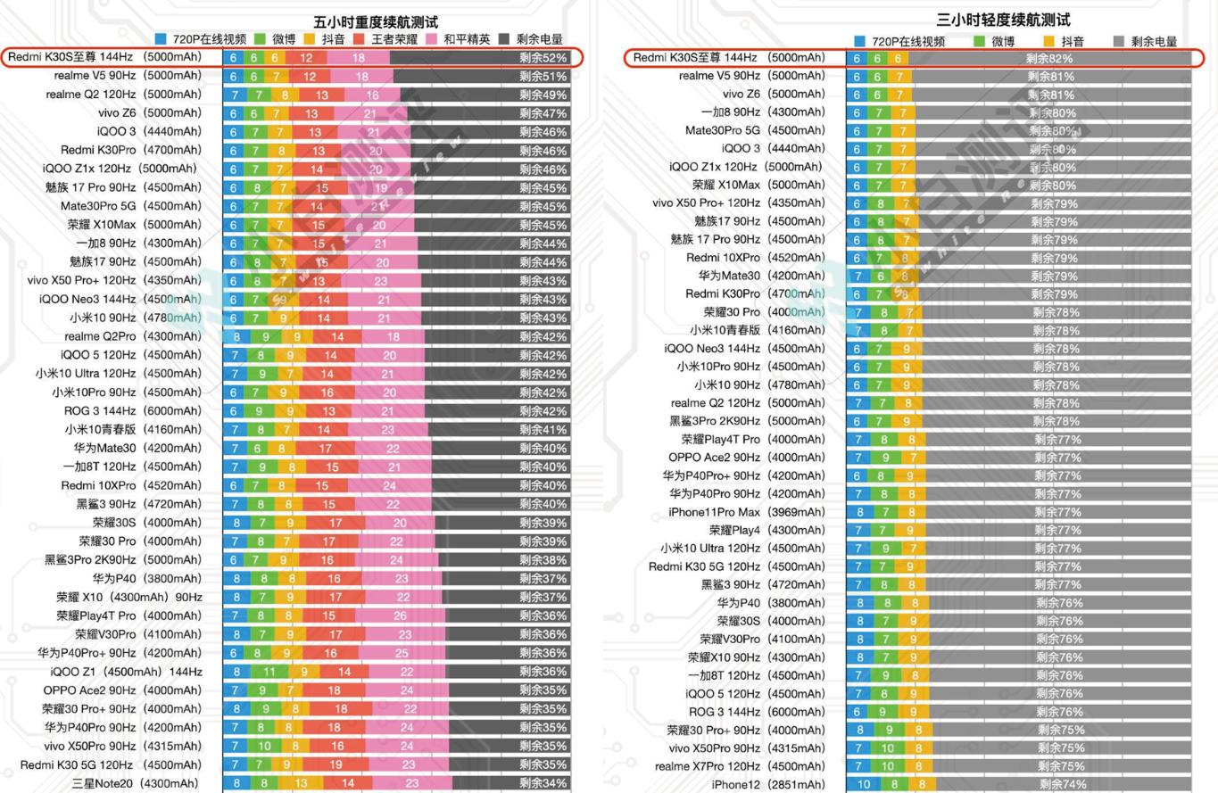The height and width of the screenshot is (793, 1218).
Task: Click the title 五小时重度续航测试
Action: [x=376, y=21]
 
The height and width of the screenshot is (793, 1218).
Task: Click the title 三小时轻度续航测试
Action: [x=1003, y=20]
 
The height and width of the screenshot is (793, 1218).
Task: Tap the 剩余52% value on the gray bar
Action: [x=543, y=58]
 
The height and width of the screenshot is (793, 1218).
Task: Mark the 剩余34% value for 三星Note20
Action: [x=543, y=783]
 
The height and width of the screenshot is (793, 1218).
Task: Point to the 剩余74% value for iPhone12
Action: [x=1062, y=784]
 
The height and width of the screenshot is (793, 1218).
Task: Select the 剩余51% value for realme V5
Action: [x=543, y=77]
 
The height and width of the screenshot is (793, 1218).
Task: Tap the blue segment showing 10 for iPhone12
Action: [x=864, y=784]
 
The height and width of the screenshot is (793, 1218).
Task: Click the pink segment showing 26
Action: [x=400, y=615]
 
